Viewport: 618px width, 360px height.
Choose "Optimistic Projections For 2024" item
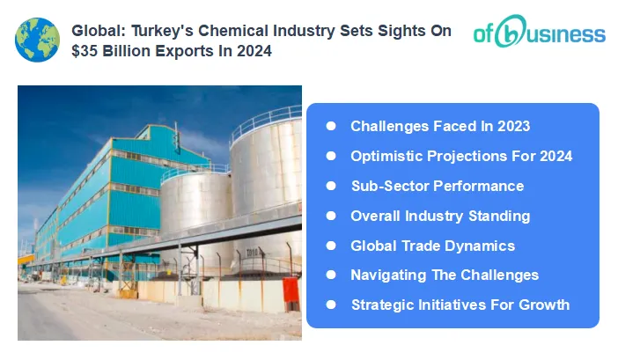click(x=461, y=156)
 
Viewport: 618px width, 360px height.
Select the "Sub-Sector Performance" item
click(x=437, y=186)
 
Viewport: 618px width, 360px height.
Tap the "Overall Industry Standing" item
click(x=440, y=216)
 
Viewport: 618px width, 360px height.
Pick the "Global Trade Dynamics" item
click(x=432, y=246)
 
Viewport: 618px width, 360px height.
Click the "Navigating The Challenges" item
click(x=444, y=275)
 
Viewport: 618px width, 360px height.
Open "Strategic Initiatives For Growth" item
click(x=460, y=305)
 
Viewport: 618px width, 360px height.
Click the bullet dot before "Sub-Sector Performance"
click(x=331, y=186)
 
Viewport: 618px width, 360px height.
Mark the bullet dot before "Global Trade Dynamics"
click(x=331, y=246)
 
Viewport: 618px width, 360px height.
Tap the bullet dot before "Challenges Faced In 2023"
click(x=331, y=126)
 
